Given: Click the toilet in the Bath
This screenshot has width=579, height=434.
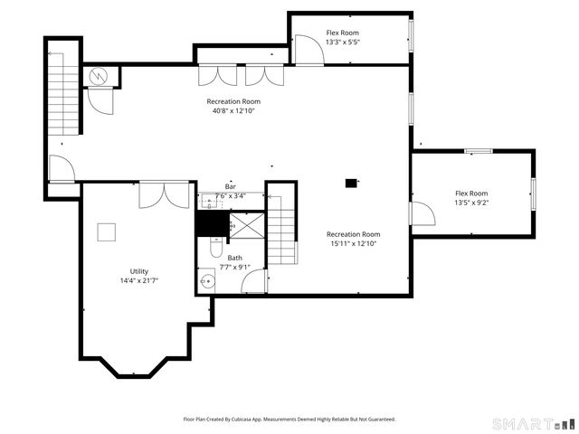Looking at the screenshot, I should (x=216, y=248).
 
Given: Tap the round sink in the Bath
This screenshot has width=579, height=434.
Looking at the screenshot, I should (x=207, y=282).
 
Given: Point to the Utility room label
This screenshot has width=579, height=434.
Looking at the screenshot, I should (x=138, y=271).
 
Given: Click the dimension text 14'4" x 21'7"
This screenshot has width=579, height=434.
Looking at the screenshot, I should (x=138, y=280).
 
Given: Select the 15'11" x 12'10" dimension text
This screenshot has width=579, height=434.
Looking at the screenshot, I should (x=353, y=243).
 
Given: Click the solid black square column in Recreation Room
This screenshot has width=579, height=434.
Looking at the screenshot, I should (x=351, y=183).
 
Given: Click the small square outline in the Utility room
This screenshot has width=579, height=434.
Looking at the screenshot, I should (x=108, y=231).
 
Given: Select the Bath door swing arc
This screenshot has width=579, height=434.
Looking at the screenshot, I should (x=254, y=281).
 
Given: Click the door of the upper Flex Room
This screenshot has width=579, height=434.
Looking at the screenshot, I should (x=308, y=50).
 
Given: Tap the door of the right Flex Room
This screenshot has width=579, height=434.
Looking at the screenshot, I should (x=422, y=213).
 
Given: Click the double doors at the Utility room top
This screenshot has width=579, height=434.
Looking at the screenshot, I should (x=164, y=194).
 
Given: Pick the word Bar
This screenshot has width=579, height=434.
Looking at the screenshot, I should (x=231, y=186).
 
